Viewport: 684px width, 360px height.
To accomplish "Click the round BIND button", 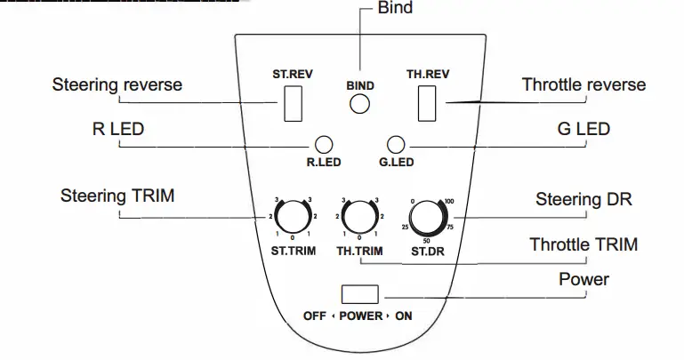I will coord(359,104).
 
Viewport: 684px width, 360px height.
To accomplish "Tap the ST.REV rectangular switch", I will coord(293,104).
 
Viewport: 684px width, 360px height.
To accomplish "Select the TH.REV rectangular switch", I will coord(428,103).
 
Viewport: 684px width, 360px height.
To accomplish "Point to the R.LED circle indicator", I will coord(325,143).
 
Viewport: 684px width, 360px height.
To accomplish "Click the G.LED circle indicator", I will coord(397,143).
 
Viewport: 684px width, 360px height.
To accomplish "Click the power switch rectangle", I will coord(360,295).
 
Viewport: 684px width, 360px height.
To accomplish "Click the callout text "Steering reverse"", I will coord(117,85).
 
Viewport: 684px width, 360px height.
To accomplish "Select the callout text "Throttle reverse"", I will coord(583,85).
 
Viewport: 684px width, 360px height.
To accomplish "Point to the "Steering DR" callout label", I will coord(583,199).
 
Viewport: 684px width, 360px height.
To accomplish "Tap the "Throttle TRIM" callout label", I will coord(583,244).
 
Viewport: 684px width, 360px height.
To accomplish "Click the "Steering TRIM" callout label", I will coord(117,196).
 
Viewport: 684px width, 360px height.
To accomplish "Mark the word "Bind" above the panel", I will coord(395,9).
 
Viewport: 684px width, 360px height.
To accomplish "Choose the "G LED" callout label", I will coord(583,130).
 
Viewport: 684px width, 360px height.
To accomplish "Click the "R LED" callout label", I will coord(117,130).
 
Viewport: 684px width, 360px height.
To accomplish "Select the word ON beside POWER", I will coord(404,316).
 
